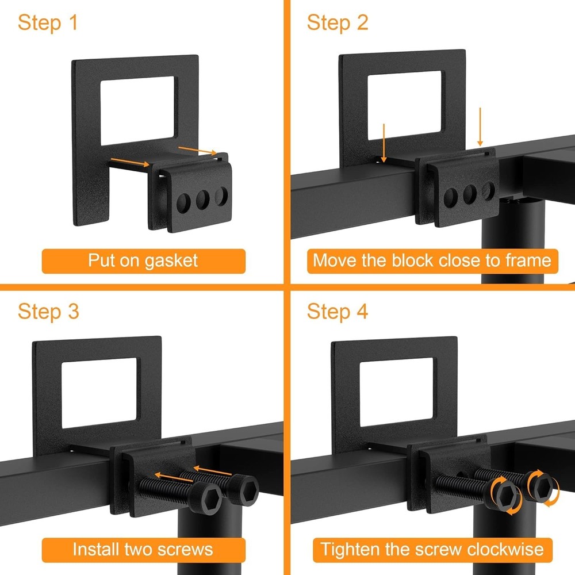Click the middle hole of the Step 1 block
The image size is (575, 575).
pos(202,200)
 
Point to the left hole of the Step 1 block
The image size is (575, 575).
pos(183,202)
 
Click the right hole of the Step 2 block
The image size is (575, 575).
pos(488,190)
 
